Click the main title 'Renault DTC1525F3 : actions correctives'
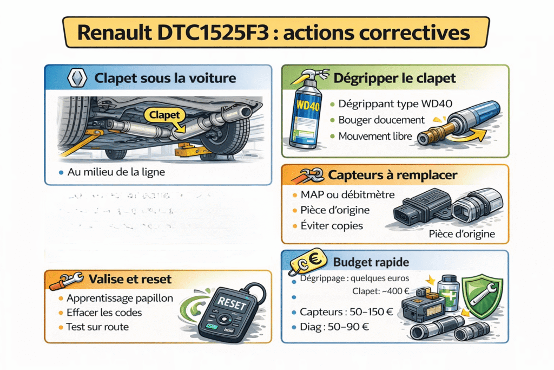pos(276,32)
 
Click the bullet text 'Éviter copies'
pos(331,225)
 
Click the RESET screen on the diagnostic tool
pos(231,305)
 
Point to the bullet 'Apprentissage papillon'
pos(120,298)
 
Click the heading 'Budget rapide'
pos(371,263)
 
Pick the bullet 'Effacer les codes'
pos(104,313)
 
